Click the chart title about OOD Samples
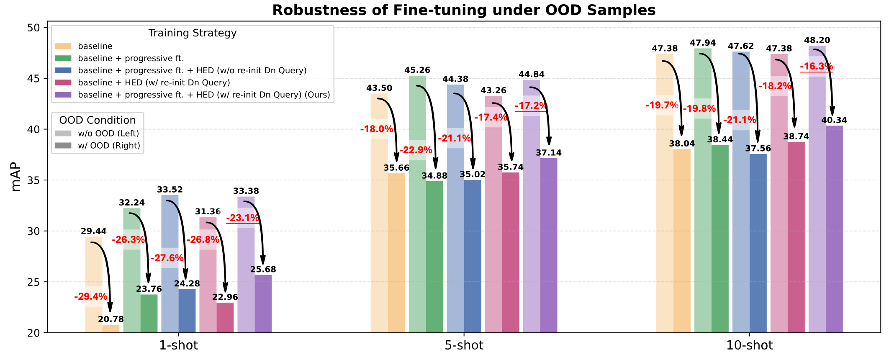(x=464, y=10)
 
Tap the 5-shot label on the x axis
(x=464, y=346)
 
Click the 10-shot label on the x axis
(x=749, y=346)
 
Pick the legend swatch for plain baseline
(x=63, y=46)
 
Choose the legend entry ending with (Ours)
(x=204, y=95)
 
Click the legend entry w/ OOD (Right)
(x=109, y=146)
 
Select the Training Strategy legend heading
(x=192, y=33)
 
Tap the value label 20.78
(x=111, y=319)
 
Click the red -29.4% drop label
(x=91, y=297)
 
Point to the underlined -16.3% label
(x=816, y=66)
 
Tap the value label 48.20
(x=817, y=40)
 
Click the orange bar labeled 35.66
(x=396, y=253)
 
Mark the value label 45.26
(x=417, y=70)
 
